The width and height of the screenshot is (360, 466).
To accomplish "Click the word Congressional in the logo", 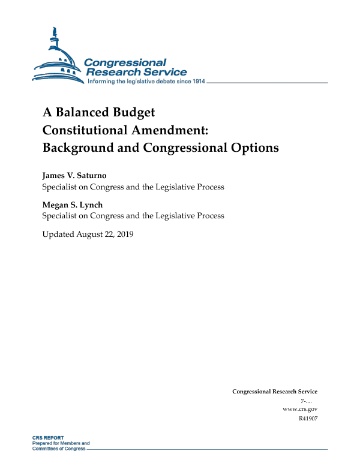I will [125, 62].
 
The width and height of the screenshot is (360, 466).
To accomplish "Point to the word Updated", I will [58, 234].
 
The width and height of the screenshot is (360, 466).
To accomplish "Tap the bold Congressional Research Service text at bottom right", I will [274, 392].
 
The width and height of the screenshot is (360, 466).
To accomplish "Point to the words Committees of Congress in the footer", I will [59, 449].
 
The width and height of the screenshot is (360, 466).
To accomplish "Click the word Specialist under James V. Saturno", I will [61, 187].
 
